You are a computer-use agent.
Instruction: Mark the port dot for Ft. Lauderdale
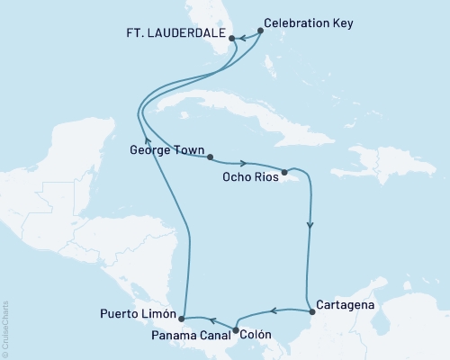click(x=232, y=39)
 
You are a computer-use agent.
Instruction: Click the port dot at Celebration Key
click(x=261, y=31)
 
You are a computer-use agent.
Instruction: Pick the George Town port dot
click(x=210, y=157)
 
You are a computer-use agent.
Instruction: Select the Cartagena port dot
click(x=311, y=311)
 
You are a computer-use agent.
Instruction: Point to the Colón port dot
click(x=237, y=330)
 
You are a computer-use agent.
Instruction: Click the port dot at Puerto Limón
click(x=182, y=318)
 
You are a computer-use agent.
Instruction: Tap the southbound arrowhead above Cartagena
click(x=310, y=227)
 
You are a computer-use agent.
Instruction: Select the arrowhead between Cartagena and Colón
click(x=273, y=312)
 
